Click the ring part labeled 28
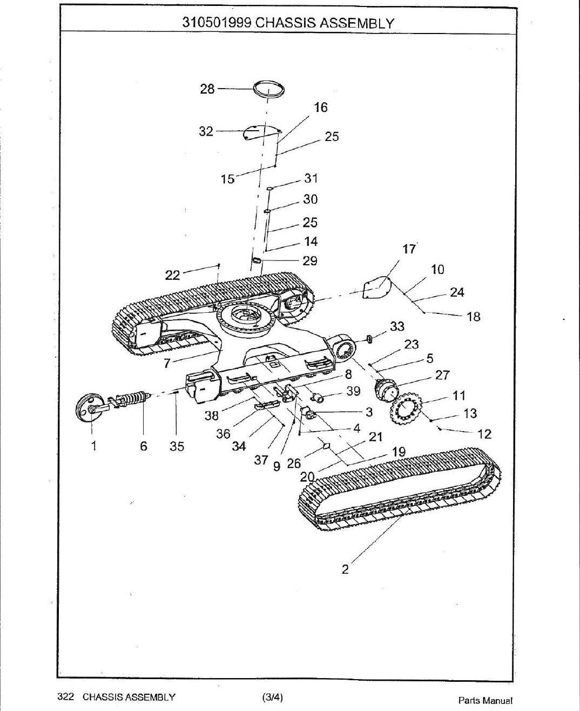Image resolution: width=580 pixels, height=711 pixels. coord(268,84)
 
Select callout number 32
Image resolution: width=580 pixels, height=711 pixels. coord(206,131)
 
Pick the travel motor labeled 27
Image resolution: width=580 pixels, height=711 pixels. coord(387,389)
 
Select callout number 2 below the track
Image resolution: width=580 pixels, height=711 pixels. coord(345,569)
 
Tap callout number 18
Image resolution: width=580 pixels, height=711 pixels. coord(473,317)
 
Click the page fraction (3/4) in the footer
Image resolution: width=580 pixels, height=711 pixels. coord(272,697)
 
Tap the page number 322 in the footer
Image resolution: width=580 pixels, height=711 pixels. coord(65,697)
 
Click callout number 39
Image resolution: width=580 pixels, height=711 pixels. coord(353,391)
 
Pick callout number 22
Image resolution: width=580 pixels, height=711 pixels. coord(172,276)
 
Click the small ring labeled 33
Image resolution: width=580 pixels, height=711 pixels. coord(369,338)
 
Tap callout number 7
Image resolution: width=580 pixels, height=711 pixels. coord(166,364)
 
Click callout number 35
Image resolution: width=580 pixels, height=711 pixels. coord(177,446)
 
